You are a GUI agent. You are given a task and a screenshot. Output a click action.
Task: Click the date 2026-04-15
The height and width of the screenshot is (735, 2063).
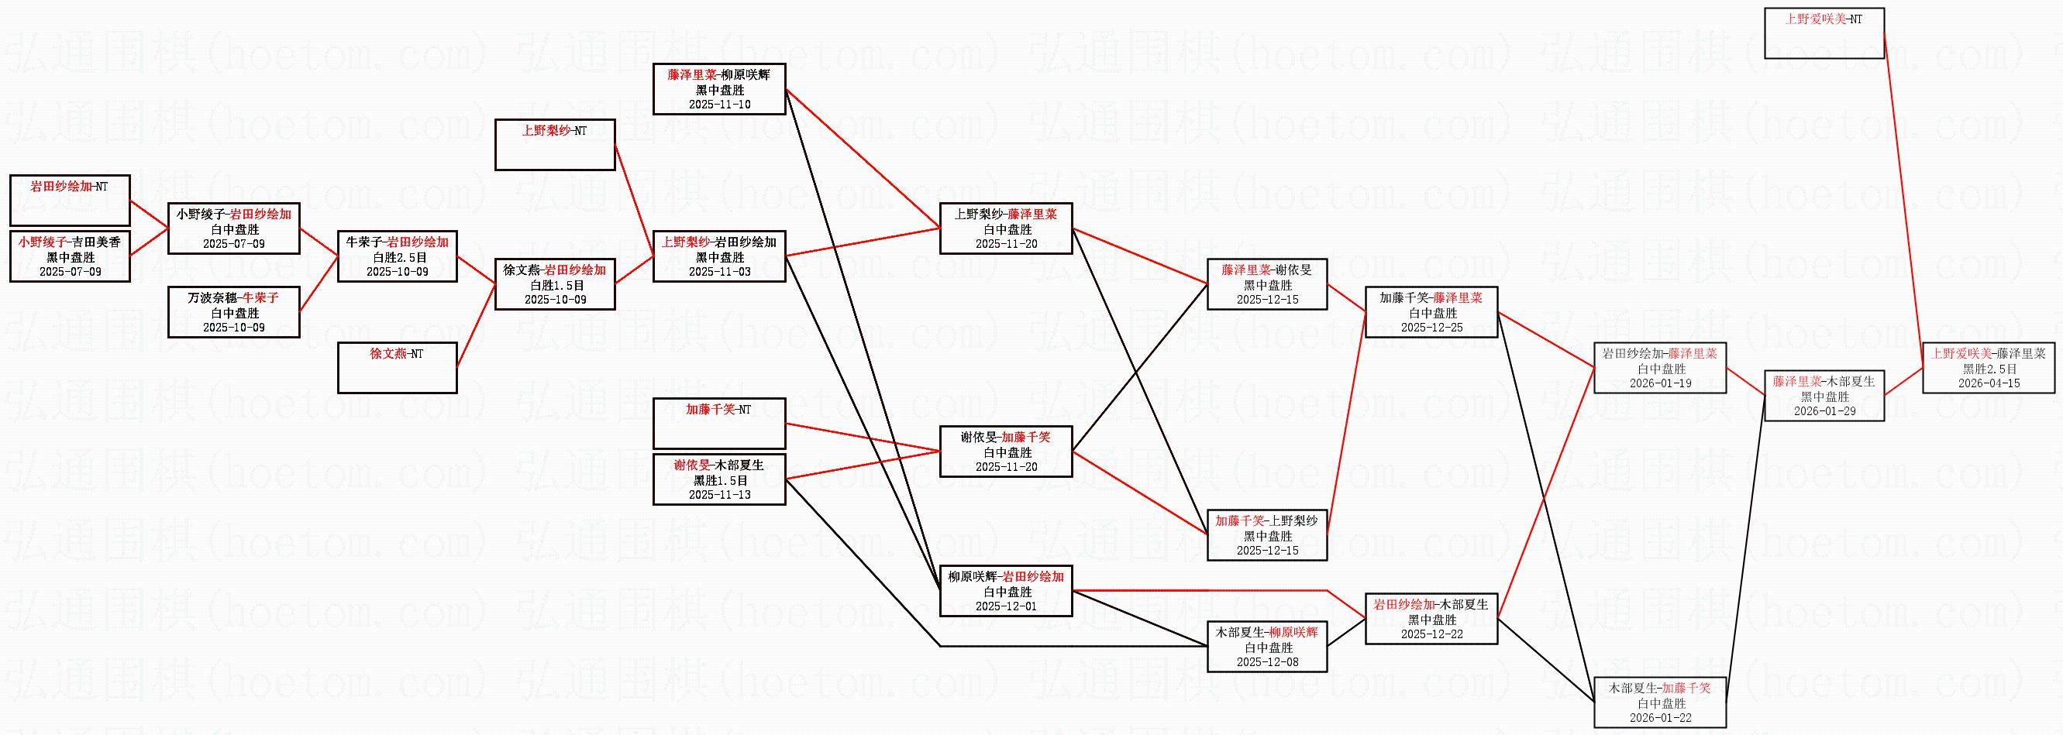[x=1989, y=383]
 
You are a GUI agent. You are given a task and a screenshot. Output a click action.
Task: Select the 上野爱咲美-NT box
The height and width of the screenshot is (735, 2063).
[x=1824, y=33]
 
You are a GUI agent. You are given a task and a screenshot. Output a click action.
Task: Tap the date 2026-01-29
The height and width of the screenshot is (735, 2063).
[x=1824, y=411]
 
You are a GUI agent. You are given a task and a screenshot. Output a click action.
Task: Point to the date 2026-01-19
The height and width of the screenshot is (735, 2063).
[x=1660, y=383]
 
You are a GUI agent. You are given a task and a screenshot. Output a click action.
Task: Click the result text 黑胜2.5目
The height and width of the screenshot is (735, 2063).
[x=1989, y=369]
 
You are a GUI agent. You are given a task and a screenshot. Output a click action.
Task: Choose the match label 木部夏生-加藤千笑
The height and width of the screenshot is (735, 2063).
[x=1660, y=688]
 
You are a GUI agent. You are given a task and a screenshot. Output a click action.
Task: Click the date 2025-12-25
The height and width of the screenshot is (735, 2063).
[x=1432, y=328]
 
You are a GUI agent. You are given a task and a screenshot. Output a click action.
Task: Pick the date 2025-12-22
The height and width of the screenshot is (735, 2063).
[x=1432, y=634]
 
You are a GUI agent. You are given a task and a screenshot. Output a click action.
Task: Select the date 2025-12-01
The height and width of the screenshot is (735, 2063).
[x=1006, y=606]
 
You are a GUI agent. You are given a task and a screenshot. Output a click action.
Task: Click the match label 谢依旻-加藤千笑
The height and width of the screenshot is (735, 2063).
[x=1006, y=437]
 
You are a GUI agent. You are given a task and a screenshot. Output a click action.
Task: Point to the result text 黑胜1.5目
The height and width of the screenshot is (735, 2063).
[x=720, y=480]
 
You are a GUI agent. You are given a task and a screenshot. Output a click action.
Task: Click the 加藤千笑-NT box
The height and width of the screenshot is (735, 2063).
[x=719, y=423]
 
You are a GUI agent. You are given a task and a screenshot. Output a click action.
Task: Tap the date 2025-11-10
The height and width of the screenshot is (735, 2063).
[x=720, y=104]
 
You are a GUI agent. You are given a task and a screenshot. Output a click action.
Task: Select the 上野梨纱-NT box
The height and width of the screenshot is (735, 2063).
[x=555, y=145]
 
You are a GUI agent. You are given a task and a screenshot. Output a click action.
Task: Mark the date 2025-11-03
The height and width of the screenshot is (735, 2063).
[x=720, y=271]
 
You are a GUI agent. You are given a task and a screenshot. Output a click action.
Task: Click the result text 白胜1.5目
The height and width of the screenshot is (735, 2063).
[x=555, y=285]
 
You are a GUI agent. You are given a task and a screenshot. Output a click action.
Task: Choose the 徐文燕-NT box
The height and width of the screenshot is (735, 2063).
[x=398, y=367]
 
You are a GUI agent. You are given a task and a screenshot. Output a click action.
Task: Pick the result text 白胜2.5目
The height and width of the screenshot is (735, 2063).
[x=398, y=257]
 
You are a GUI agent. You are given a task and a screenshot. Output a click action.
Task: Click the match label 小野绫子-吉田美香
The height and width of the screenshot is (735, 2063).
[x=70, y=242]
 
